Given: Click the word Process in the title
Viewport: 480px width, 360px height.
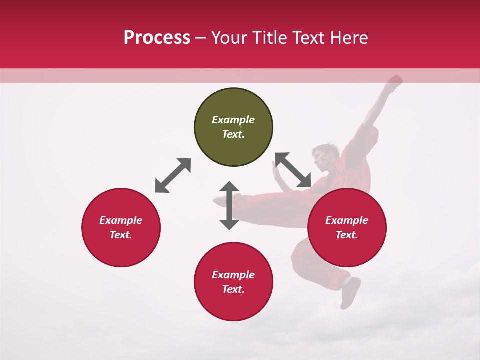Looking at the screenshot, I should pos(157,38).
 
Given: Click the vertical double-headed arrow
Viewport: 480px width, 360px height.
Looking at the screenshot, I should pos(229,205).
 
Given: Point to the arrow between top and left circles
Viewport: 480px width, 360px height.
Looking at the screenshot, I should pos(173,175).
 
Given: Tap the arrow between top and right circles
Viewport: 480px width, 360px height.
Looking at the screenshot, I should pos(293,170).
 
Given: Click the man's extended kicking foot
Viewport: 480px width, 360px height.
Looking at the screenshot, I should pos(220,201).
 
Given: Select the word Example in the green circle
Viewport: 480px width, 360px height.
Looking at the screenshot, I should pos(233,120).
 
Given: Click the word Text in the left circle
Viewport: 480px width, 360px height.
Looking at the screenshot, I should pos(121,235).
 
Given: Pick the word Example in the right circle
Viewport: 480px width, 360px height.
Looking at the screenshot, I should pos(347,220).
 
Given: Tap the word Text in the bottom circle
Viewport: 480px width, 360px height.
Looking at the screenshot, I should pos(233,289).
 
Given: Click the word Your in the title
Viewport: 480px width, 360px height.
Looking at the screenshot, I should pos(230,38).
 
